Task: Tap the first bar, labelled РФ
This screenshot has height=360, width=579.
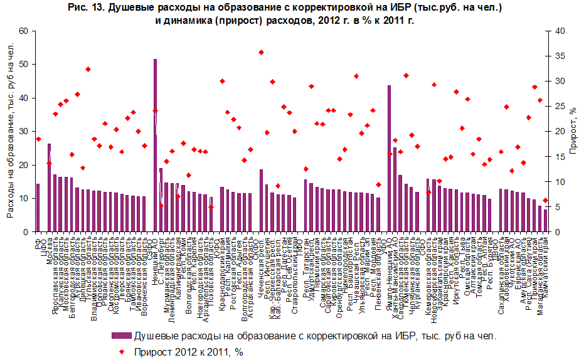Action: [38, 208]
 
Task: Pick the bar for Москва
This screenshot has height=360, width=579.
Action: [49, 188]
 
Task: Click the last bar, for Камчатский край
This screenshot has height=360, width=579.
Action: [545, 221]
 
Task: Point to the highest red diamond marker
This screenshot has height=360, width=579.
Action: [261, 52]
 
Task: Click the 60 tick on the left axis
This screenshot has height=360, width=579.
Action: [23, 31]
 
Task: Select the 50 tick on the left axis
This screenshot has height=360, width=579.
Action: [23, 65]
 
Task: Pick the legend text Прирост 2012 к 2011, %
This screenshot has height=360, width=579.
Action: [188, 352]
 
